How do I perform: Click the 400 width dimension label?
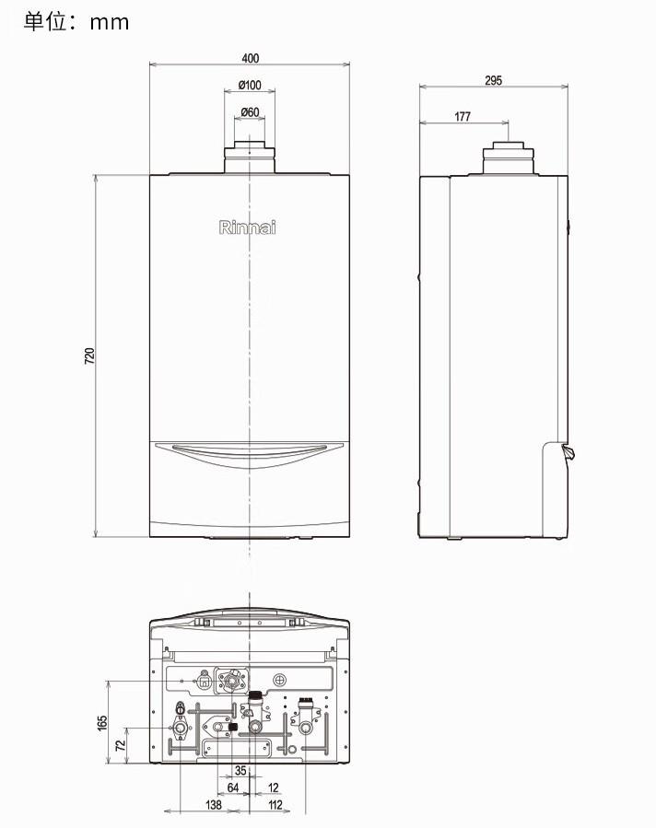point(250,58)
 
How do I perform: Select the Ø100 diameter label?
point(250,85)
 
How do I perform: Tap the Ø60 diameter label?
point(250,112)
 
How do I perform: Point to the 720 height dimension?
point(89,356)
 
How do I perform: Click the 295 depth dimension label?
point(493,80)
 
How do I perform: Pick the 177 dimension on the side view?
point(463,116)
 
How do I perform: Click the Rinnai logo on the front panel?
point(247,227)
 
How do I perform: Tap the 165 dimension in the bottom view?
point(102,723)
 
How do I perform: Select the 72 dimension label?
point(121,745)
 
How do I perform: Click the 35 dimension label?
point(240,771)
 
